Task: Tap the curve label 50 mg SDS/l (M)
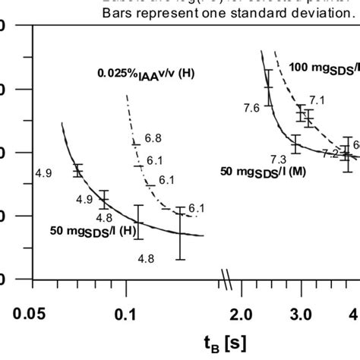point(263,172)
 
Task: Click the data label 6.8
point(153,138)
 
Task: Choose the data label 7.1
point(317,100)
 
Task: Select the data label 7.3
point(278,158)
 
